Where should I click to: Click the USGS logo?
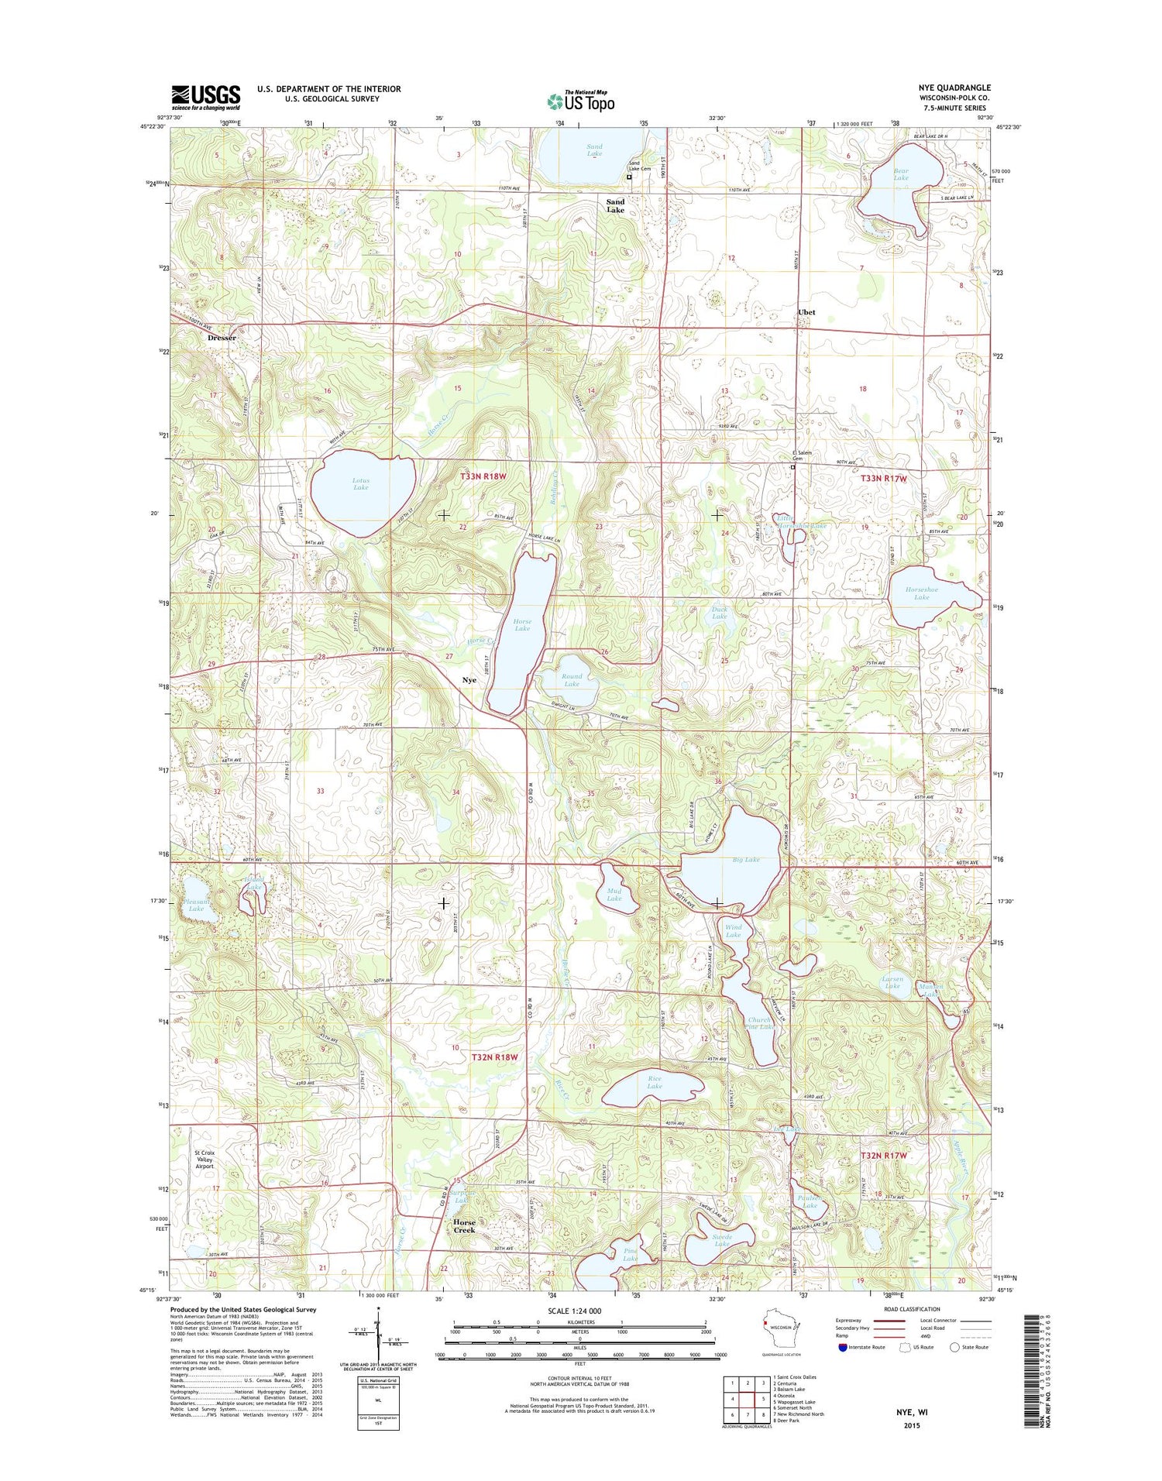click(206, 95)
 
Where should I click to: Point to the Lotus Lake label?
click(361, 484)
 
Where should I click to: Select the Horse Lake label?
click(522, 625)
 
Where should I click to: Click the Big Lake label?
click(746, 860)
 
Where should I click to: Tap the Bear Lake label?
click(901, 174)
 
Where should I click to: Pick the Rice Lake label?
click(655, 1082)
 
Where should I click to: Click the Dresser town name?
click(222, 338)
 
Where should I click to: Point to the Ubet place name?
click(806, 312)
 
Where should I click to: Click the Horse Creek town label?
click(464, 1226)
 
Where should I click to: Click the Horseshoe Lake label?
click(921, 593)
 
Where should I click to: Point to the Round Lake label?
click(572, 680)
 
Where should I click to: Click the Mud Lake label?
click(614, 895)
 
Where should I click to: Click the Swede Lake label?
click(722, 1240)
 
